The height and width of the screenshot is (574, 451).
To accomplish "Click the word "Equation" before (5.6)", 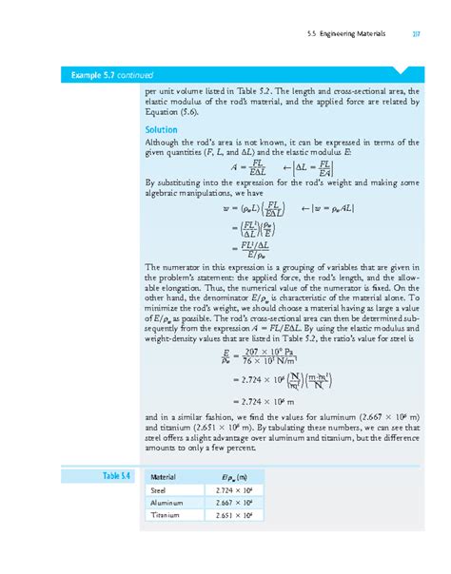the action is [163, 112].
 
